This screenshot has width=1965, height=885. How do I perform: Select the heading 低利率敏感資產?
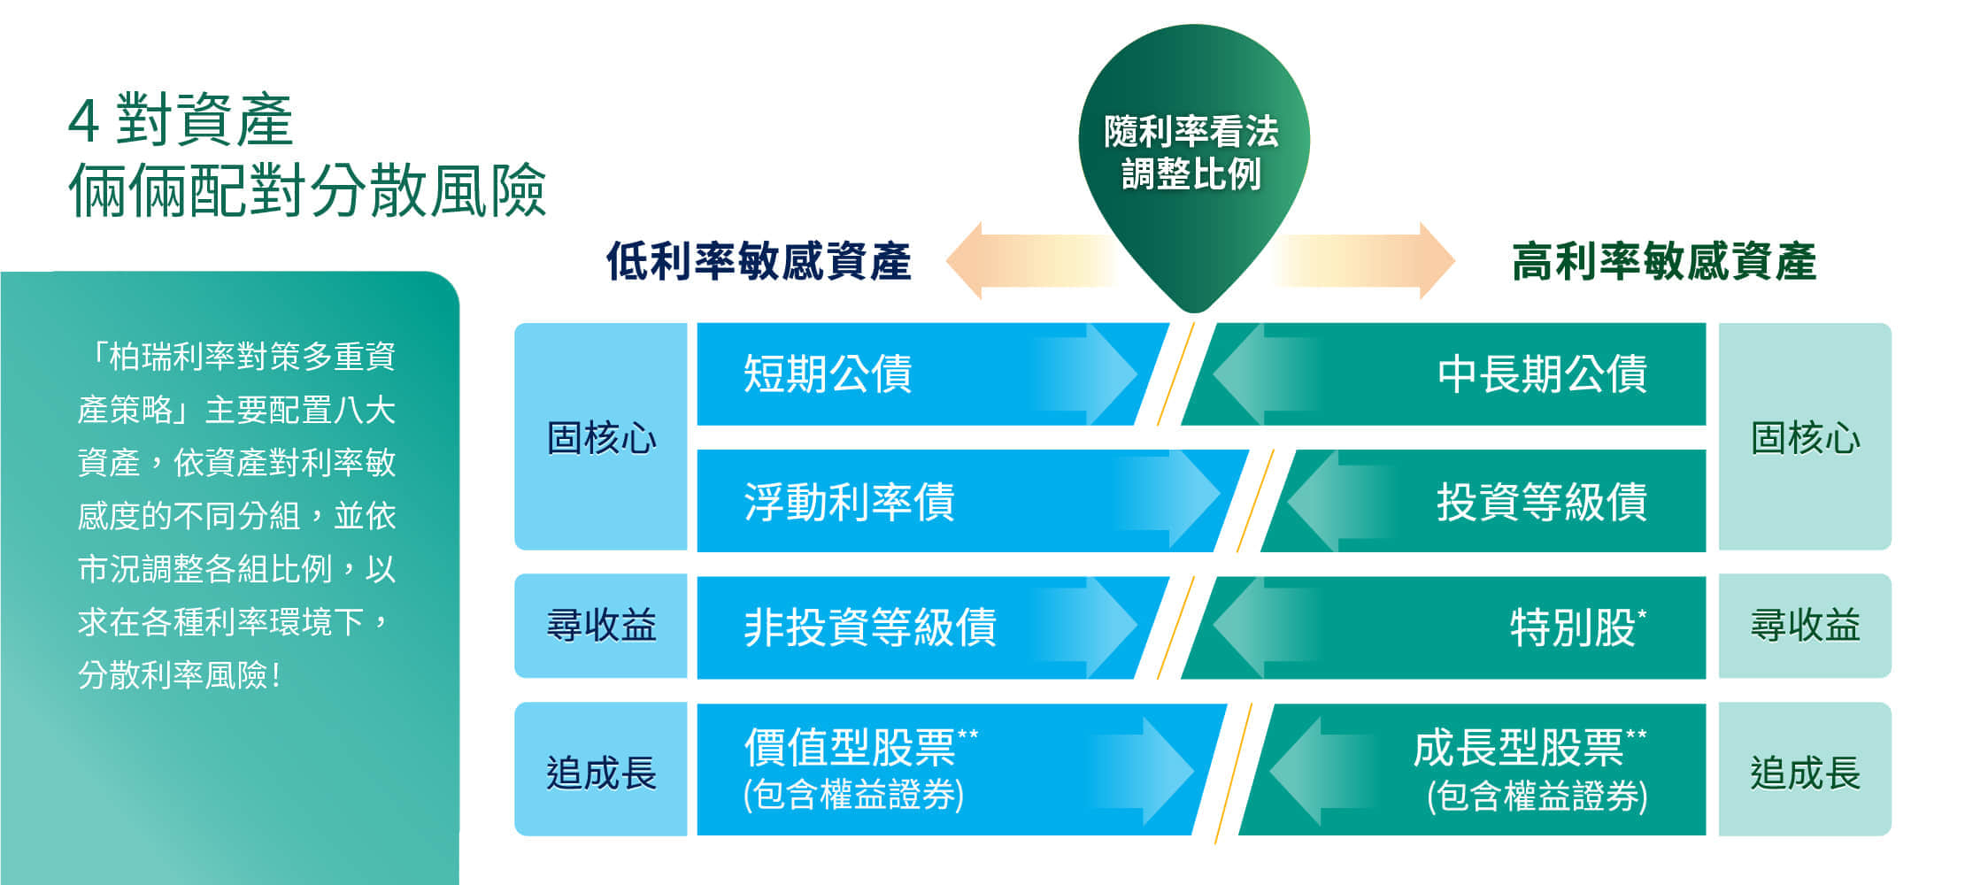pos(759,262)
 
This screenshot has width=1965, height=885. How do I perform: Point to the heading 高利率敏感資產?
pos(1664,262)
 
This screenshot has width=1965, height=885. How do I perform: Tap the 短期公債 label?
pos(828,373)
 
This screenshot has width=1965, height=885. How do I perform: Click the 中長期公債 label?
pos(1542,373)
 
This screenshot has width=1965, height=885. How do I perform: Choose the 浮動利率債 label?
pos(849,502)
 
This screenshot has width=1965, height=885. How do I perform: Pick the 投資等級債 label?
pos(1542,502)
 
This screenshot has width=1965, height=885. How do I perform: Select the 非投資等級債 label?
pos(870,627)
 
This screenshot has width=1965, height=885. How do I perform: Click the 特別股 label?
pos(1578,627)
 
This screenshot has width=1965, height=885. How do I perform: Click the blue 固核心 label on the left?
pos(601,438)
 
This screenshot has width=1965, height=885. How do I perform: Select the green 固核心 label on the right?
pos(1806,438)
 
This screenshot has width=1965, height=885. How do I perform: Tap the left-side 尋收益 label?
pos(601,626)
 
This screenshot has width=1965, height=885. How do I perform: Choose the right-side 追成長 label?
pos(1806,772)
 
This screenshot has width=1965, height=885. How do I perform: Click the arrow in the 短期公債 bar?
pos(1084,374)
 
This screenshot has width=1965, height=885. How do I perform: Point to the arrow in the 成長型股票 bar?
pos(1323,771)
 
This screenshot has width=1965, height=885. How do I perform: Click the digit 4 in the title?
pos(83,120)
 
